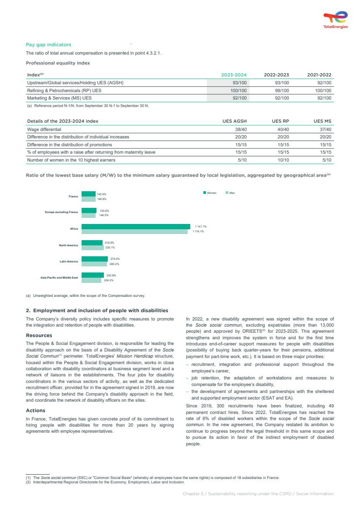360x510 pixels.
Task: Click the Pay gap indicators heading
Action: [x=48, y=45]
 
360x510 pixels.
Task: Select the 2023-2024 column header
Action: [x=234, y=75]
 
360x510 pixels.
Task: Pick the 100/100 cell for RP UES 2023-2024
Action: [x=238, y=90]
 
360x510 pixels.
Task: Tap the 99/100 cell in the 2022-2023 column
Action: [x=281, y=90]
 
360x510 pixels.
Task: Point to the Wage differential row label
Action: [x=44, y=129]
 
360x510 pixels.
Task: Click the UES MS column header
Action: [x=322, y=121]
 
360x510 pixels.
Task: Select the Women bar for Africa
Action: [x=136, y=226]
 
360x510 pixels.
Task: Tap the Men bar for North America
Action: [x=93, y=248]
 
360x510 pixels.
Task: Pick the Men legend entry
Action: [x=230, y=193]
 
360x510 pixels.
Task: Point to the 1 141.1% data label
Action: [x=201, y=226]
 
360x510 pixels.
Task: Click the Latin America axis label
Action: [x=69, y=262]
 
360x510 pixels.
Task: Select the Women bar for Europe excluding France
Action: [x=89, y=210]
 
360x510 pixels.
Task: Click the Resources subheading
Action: [x=39, y=335]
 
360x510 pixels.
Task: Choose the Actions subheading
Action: [x=35, y=410]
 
